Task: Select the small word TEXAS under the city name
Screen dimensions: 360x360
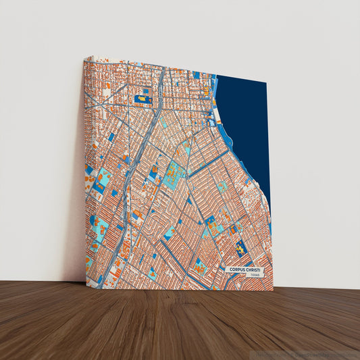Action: pos(254,276)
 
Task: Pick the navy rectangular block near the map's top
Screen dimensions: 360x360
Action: pos(143,99)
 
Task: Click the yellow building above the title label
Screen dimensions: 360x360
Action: pos(242,250)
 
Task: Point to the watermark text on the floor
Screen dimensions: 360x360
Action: pos(307,353)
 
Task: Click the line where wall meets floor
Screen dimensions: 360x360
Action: pos(41,282)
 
